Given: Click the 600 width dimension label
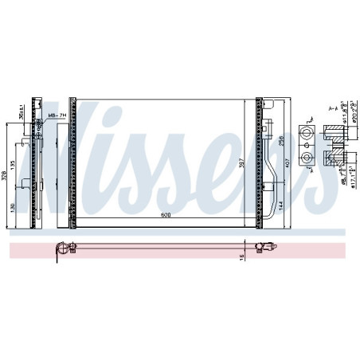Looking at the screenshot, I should coord(165,215).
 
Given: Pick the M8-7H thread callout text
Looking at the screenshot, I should coord(57,116).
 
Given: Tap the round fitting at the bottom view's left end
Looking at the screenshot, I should coord(57,252).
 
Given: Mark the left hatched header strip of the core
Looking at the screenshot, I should coord(72,159).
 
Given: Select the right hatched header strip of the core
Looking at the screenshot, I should coord(259,159).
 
